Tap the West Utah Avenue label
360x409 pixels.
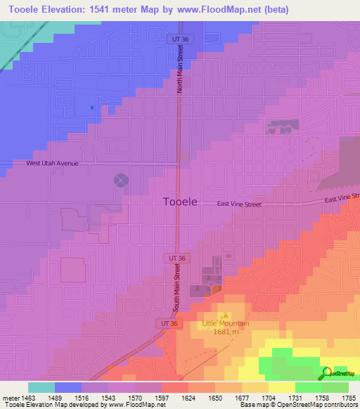click(x=52, y=163)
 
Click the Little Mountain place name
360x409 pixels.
click(x=221, y=323)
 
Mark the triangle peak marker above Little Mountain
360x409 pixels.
click(x=225, y=316)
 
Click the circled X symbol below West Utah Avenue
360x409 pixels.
click(x=121, y=181)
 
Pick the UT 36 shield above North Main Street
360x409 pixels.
click(x=180, y=40)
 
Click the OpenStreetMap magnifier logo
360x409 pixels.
click(x=328, y=372)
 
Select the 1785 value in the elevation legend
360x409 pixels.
click(x=348, y=397)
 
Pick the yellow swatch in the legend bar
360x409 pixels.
click(x=281, y=387)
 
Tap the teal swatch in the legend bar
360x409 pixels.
click(x=41, y=387)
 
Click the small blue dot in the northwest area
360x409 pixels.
click(x=92, y=108)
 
